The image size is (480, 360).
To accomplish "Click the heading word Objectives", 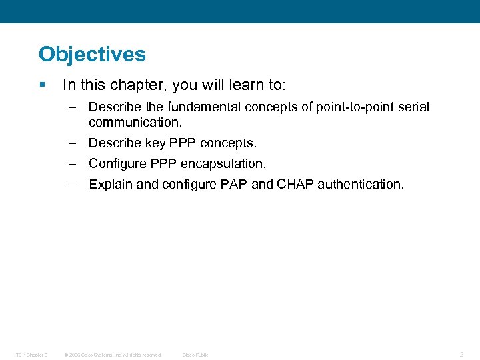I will click(x=92, y=54).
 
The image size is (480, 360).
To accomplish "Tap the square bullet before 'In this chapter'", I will click(x=42, y=85).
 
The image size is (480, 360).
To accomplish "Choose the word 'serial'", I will click(x=413, y=107).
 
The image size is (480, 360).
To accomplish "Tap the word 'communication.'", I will click(x=135, y=123).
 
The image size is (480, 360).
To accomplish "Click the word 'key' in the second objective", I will click(x=155, y=143).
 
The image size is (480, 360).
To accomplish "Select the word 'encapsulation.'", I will click(x=225, y=163).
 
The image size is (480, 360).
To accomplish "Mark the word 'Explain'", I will click(x=111, y=185).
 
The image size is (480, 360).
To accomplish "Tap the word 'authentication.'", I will click(x=361, y=185).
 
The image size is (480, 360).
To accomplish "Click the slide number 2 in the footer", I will click(x=461, y=355).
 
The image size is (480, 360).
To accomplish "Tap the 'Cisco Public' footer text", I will click(x=195, y=355).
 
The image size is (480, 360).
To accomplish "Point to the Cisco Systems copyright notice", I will click(x=113, y=355).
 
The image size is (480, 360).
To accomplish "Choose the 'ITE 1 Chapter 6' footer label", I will click(x=30, y=355).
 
